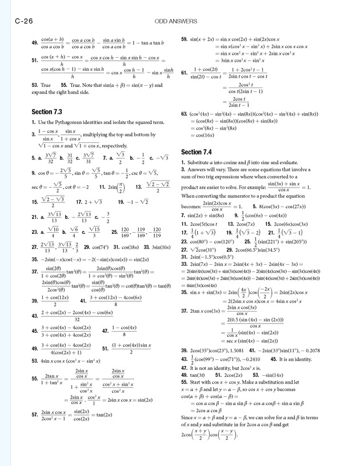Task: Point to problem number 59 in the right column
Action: (x=185, y=39)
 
